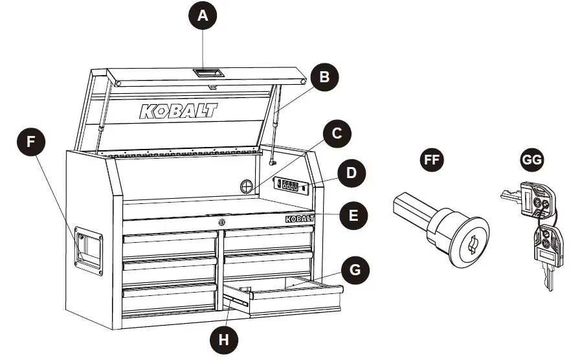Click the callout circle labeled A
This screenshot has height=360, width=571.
[203, 16]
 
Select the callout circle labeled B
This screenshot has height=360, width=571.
[325, 76]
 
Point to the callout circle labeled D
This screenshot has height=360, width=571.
[351, 174]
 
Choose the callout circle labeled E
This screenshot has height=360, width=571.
[353, 214]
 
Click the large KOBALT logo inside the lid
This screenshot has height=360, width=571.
[179, 111]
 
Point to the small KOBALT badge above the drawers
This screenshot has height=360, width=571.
[298, 219]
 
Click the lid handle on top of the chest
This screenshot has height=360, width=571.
[207, 74]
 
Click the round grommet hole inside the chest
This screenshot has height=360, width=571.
[247, 186]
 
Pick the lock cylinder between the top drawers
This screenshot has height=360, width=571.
[220, 223]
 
